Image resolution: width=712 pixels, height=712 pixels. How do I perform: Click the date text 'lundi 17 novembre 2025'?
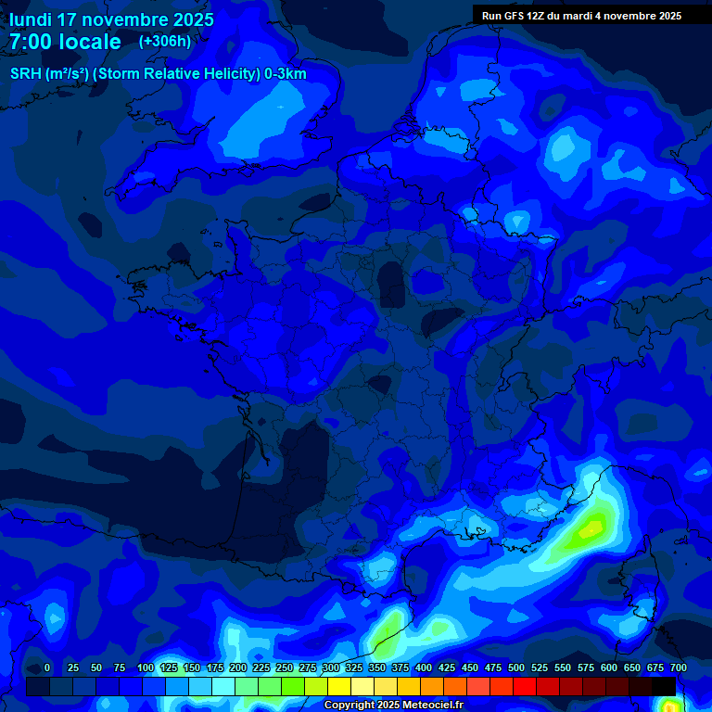[111, 19]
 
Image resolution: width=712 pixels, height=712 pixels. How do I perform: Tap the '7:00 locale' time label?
[65, 42]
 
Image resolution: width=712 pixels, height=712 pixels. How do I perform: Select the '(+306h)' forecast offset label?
[164, 42]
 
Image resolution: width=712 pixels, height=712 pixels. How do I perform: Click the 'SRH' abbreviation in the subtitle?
[26, 74]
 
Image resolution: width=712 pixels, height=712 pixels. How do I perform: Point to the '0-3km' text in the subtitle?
[286, 74]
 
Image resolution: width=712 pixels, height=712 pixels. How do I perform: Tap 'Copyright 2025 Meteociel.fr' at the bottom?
[393, 706]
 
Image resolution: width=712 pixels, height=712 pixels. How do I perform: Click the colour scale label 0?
[47, 668]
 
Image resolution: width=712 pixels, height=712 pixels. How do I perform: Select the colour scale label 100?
[146, 668]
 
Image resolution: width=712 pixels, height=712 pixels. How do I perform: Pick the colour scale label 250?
[285, 668]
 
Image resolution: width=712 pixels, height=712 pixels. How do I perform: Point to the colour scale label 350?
[377, 668]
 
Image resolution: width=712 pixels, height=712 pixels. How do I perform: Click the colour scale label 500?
[516, 668]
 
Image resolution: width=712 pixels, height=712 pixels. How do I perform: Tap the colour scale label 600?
[609, 668]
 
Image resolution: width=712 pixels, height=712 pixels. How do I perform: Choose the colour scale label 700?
[678, 668]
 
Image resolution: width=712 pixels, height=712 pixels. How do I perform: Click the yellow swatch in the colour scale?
[339, 686]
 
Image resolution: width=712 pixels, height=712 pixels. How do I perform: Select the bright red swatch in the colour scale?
[502, 686]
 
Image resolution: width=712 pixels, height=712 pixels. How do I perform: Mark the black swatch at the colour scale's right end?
[664, 686]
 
